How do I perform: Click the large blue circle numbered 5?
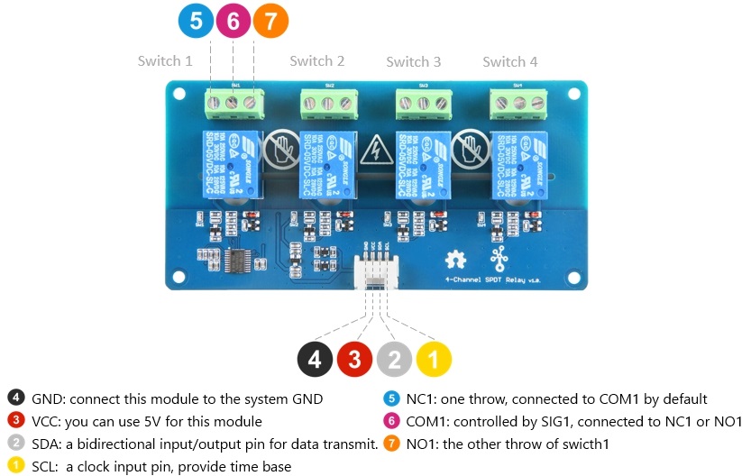click(196, 23)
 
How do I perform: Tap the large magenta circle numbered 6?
click(234, 23)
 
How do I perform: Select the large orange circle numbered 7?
click(271, 23)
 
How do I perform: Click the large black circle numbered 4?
click(315, 360)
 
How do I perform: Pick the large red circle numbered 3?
click(354, 360)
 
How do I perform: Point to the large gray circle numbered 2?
click(394, 360)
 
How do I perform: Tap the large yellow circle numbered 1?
click(434, 360)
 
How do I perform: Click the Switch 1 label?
click(165, 61)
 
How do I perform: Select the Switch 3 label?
click(414, 62)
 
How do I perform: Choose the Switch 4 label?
click(510, 62)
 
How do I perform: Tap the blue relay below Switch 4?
click(517, 162)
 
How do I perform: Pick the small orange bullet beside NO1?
click(392, 444)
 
